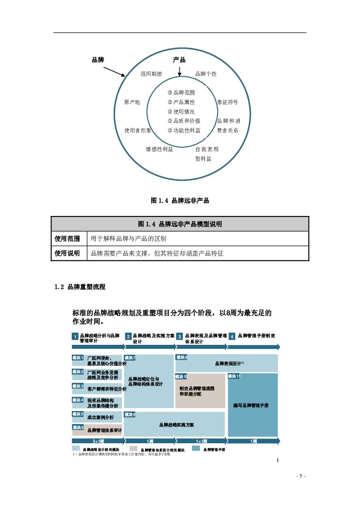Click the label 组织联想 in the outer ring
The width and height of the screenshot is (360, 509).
point(151,74)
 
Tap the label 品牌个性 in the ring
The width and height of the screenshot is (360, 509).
point(205,74)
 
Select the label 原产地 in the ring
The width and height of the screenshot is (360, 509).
point(132,102)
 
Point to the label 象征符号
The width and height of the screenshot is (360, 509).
point(228,102)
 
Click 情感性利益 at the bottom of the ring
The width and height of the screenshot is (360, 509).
point(159,149)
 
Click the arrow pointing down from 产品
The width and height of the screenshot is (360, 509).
point(179,71)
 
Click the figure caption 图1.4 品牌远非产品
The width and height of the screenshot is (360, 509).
point(180,201)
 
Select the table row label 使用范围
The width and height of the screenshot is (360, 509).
point(67,239)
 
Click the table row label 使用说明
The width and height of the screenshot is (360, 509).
point(67,253)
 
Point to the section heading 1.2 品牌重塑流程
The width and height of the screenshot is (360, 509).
point(80,287)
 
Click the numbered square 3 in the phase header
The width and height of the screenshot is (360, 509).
point(179,337)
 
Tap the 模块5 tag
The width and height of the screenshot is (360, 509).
point(78,415)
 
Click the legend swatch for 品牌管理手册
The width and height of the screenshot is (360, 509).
point(196,449)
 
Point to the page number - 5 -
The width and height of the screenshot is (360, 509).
point(301,476)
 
